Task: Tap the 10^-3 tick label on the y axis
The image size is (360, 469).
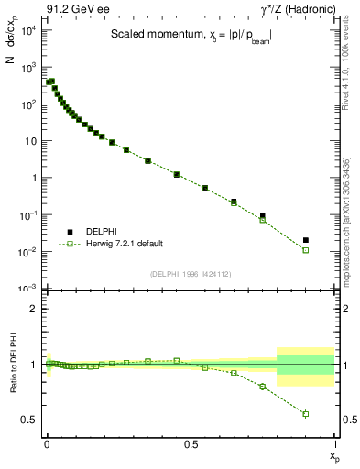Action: point(28,289)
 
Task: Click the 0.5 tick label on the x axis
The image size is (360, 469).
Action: point(191,444)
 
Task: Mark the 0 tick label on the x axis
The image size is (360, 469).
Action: point(47,444)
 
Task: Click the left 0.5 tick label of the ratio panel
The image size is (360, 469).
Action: point(31,420)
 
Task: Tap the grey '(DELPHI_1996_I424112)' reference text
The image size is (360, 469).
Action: point(191,273)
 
